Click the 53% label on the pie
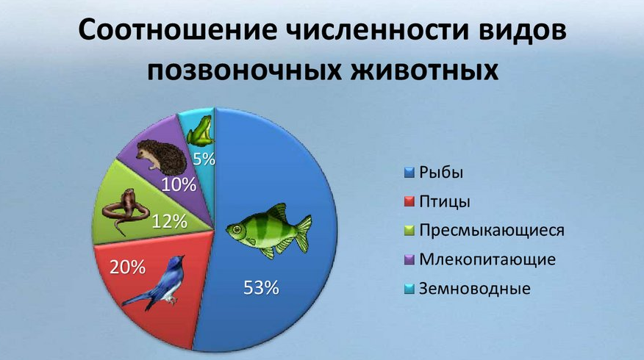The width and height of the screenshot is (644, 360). click(262, 288)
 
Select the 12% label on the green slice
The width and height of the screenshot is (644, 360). click(170, 220)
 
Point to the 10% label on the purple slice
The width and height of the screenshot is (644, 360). click(179, 184)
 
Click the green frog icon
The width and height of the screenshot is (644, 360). click(199, 132)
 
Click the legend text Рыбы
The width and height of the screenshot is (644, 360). click(442, 173)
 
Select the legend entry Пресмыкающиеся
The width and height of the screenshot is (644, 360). click(491, 231)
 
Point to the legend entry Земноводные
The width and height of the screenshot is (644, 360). click(474, 288)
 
